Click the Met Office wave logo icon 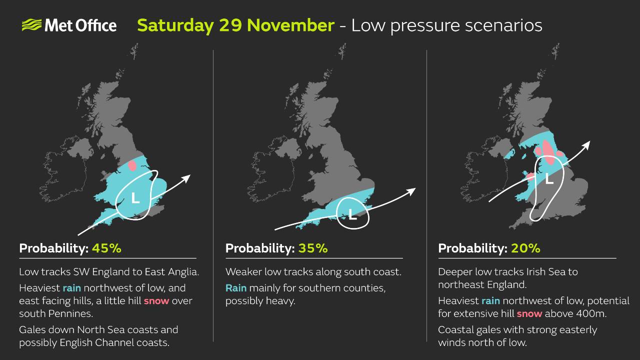pyautogui.click(x=31, y=25)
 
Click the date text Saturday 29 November pyautogui.click(x=235, y=25)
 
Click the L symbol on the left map pyautogui.click(x=135, y=198)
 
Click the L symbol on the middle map pyautogui.click(x=352, y=215)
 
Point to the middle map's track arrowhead pyautogui.click(x=412, y=191)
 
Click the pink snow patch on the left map pyautogui.click(x=132, y=165)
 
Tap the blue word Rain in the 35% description pyautogui.click(x=236, y=288)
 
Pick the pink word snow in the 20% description pyautogui.click(x=529, y=314)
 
